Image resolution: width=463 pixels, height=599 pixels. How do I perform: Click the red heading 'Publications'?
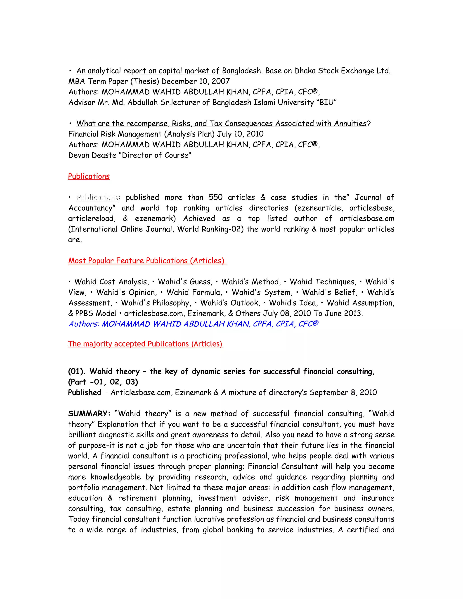click(89, 176)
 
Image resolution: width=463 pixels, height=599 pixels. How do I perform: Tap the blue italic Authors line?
click(193, 324)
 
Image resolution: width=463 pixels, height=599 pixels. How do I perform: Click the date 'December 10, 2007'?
click(196, 81)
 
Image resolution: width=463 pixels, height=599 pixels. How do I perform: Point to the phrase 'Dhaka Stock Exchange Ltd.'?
click(342, 71)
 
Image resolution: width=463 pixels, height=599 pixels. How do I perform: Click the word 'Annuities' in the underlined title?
click(350, 123)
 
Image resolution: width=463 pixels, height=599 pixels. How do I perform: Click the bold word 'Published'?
click(85, 392)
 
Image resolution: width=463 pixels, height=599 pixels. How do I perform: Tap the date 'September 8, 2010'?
click(343, 392)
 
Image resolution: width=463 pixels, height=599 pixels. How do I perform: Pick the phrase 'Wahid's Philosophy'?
click(156, 303)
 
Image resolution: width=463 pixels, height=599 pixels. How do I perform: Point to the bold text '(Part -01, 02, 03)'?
click(103, 382)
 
